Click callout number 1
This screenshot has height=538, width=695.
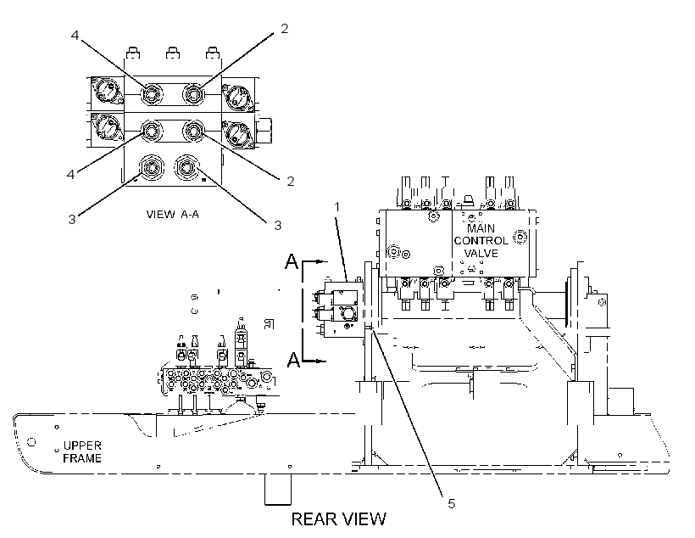tap(337, 207)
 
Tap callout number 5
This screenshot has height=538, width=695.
tap(451, 503)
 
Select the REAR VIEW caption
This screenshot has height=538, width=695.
tap(339, 519)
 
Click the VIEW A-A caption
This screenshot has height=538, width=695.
tap(172, 215)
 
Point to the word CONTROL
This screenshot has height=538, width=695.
tap(481, 241)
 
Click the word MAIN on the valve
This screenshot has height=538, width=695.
tap(481, 228)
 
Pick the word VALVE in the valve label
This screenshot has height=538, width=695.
tap(481, 253)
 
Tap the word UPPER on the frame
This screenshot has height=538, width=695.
tap(82, 446)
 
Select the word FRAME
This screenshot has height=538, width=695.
tap(82, 458)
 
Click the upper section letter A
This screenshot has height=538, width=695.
tap(292, 261)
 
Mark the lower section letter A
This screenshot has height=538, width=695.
tap(293, 359)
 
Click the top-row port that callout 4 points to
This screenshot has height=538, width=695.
tap(152, 94)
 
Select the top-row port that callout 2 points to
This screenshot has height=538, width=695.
tap(194, 94)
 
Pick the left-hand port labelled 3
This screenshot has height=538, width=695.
tap(152, 167)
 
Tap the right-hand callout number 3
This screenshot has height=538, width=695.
tap(278, 226)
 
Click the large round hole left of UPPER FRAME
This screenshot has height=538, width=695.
tap(31, 441)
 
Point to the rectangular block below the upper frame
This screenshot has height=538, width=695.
tap(278, 489)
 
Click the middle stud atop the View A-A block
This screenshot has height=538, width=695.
tap(173, 53)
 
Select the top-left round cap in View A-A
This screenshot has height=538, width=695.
tap(107, 91)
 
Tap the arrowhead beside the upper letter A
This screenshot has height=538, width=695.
tap(322, 262)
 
